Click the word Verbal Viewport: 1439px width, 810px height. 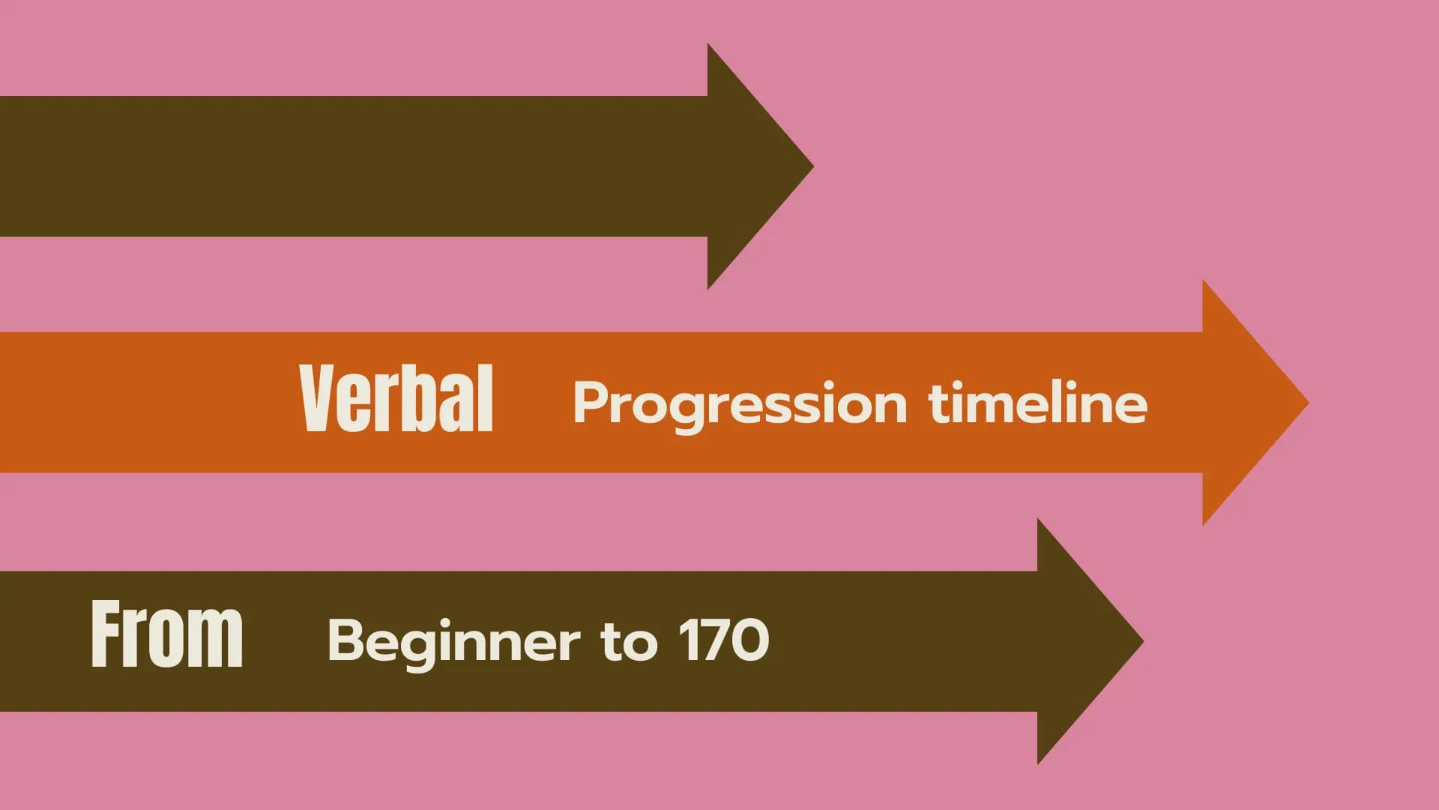coord(396,399)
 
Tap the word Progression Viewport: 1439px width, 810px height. coord(740,404)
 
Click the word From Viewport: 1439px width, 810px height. coord(166,634)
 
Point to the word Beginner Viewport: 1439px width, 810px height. coord(453,642)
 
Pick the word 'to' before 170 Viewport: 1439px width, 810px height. coord(629,642)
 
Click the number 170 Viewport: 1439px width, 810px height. coord(724,640)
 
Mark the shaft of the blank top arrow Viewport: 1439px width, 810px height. coord(352,166)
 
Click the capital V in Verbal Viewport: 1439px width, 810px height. coord(316,399)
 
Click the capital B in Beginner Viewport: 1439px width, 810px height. coord(346,640)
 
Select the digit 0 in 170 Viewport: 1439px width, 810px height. coord(750,640)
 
